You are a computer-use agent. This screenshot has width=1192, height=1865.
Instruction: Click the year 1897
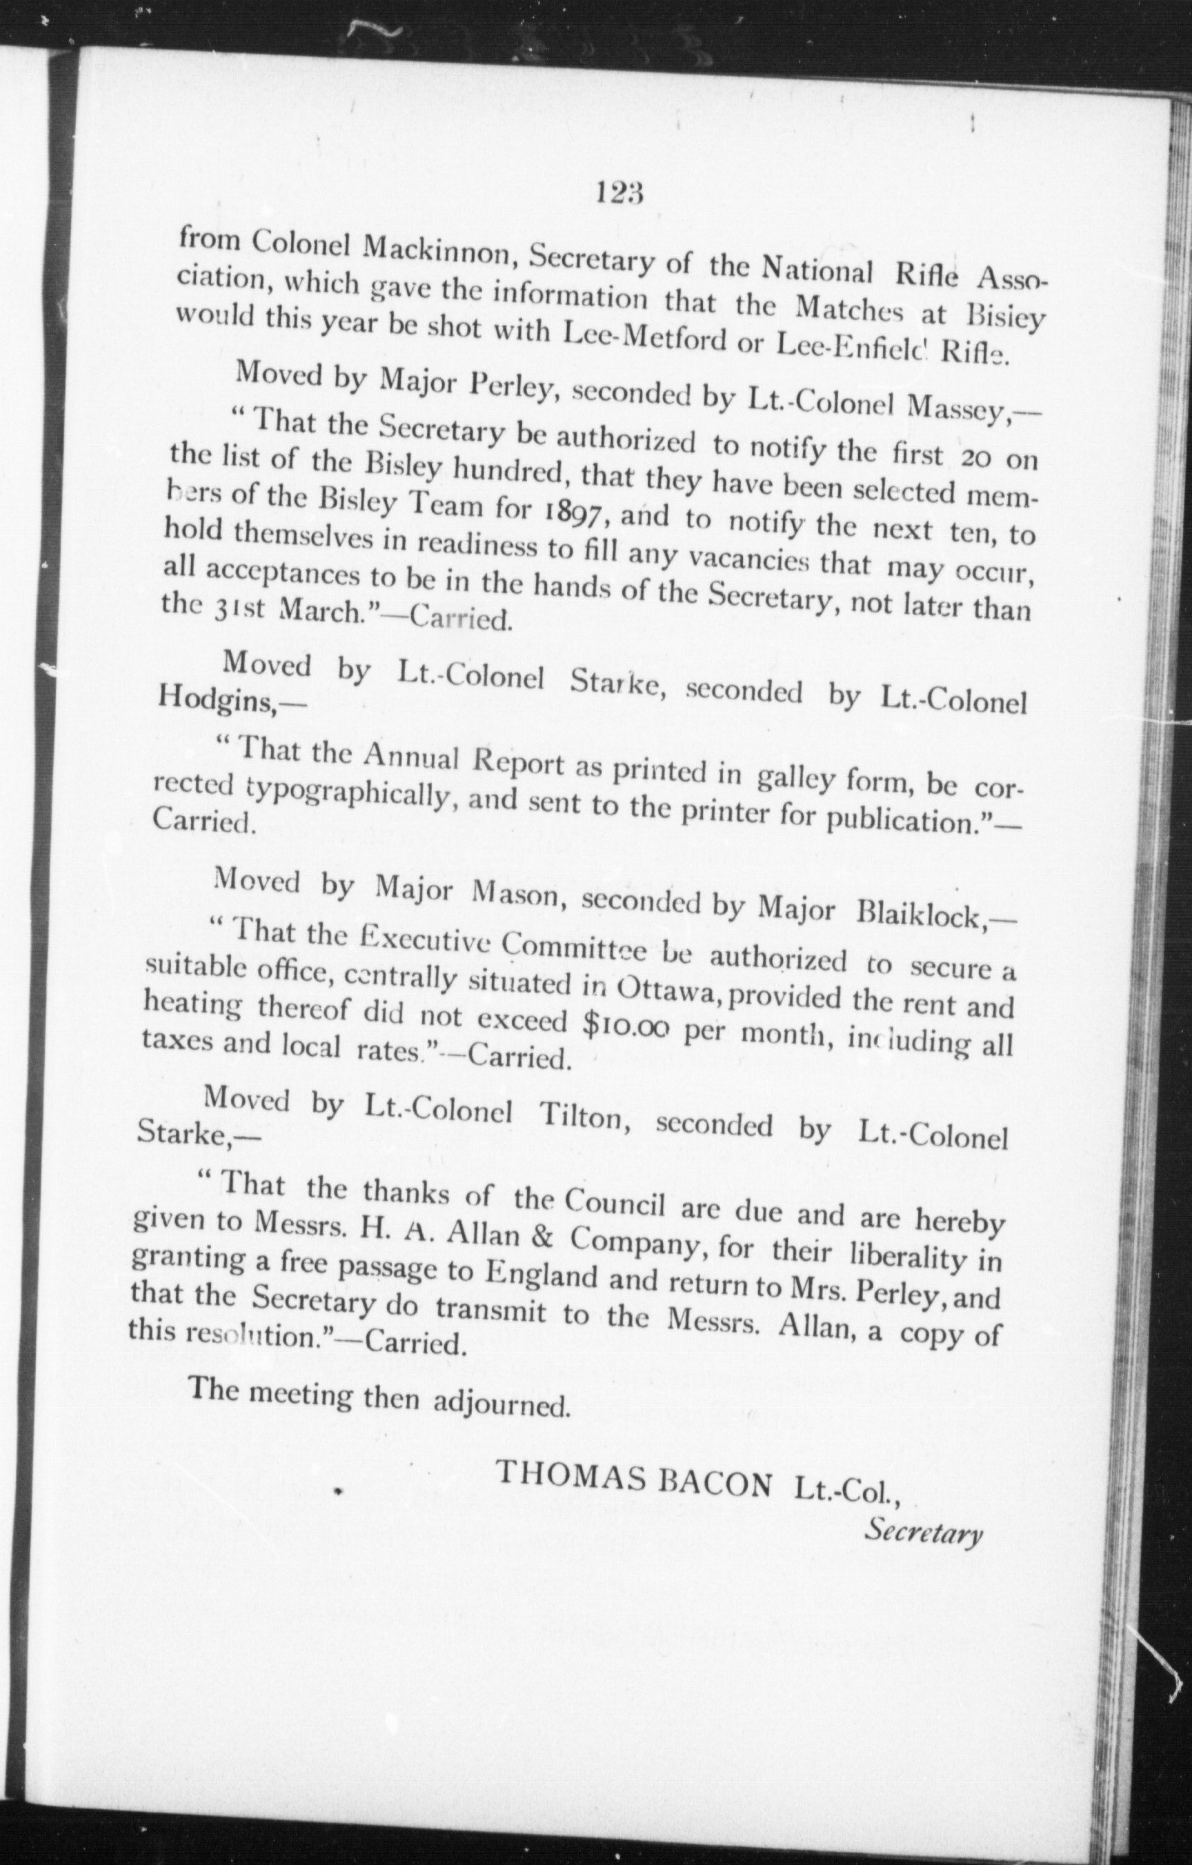570,511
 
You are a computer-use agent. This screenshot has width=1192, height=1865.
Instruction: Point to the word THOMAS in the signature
570,1475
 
